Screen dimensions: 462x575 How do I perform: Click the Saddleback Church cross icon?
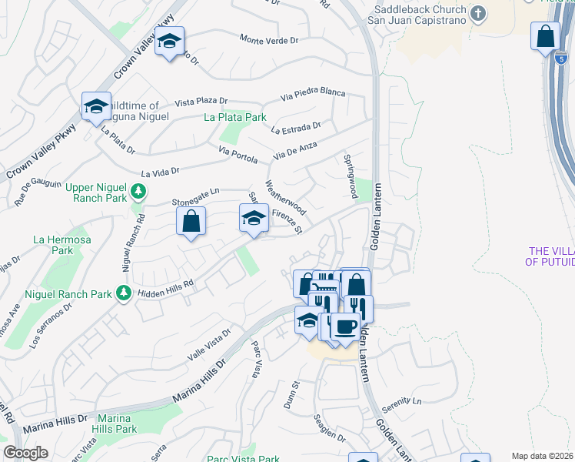478,13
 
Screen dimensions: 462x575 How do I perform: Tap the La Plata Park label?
235,117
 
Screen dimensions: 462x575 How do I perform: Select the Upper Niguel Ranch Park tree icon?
138,190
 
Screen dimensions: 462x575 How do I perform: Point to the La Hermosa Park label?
53,245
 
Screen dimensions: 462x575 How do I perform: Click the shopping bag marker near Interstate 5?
545,37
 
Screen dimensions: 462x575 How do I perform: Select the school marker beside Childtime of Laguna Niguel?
96,106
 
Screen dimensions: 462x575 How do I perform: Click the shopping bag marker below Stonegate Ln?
191,221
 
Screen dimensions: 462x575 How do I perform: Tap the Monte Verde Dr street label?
268,38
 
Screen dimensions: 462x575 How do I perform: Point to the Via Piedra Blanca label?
313,92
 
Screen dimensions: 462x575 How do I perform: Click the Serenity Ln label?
406,401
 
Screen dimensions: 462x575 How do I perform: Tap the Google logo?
25,453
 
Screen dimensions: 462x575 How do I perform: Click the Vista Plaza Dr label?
201,101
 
